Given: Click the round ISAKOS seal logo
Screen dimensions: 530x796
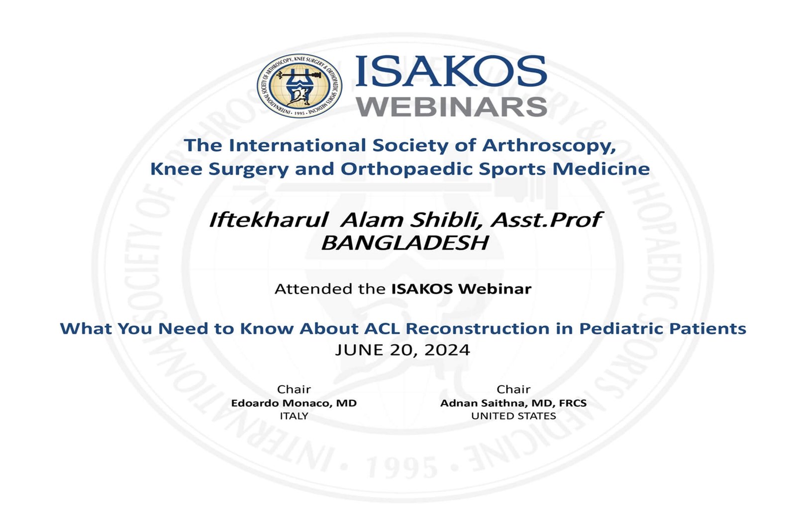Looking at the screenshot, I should (x=299, y=86).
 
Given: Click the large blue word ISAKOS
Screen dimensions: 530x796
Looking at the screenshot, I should (x=451, y=72).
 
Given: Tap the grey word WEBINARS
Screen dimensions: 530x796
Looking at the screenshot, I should (x=452, y=106).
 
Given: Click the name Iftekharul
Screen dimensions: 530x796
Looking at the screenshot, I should (x=269, y=220).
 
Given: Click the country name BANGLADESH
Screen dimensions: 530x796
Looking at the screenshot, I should (x=404, y=243).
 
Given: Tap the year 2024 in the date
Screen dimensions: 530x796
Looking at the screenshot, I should (x=447, y=350).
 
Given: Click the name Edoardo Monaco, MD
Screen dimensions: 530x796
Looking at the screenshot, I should (x=294, y=403).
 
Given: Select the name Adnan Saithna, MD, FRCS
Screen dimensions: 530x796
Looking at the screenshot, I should (x=513, y=403).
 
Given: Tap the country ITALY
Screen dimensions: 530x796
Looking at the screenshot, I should (x=294, y=416).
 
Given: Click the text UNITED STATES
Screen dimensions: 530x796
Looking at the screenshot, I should (x=513, y=416).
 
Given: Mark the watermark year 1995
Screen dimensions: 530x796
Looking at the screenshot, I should (x=402, y=468).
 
